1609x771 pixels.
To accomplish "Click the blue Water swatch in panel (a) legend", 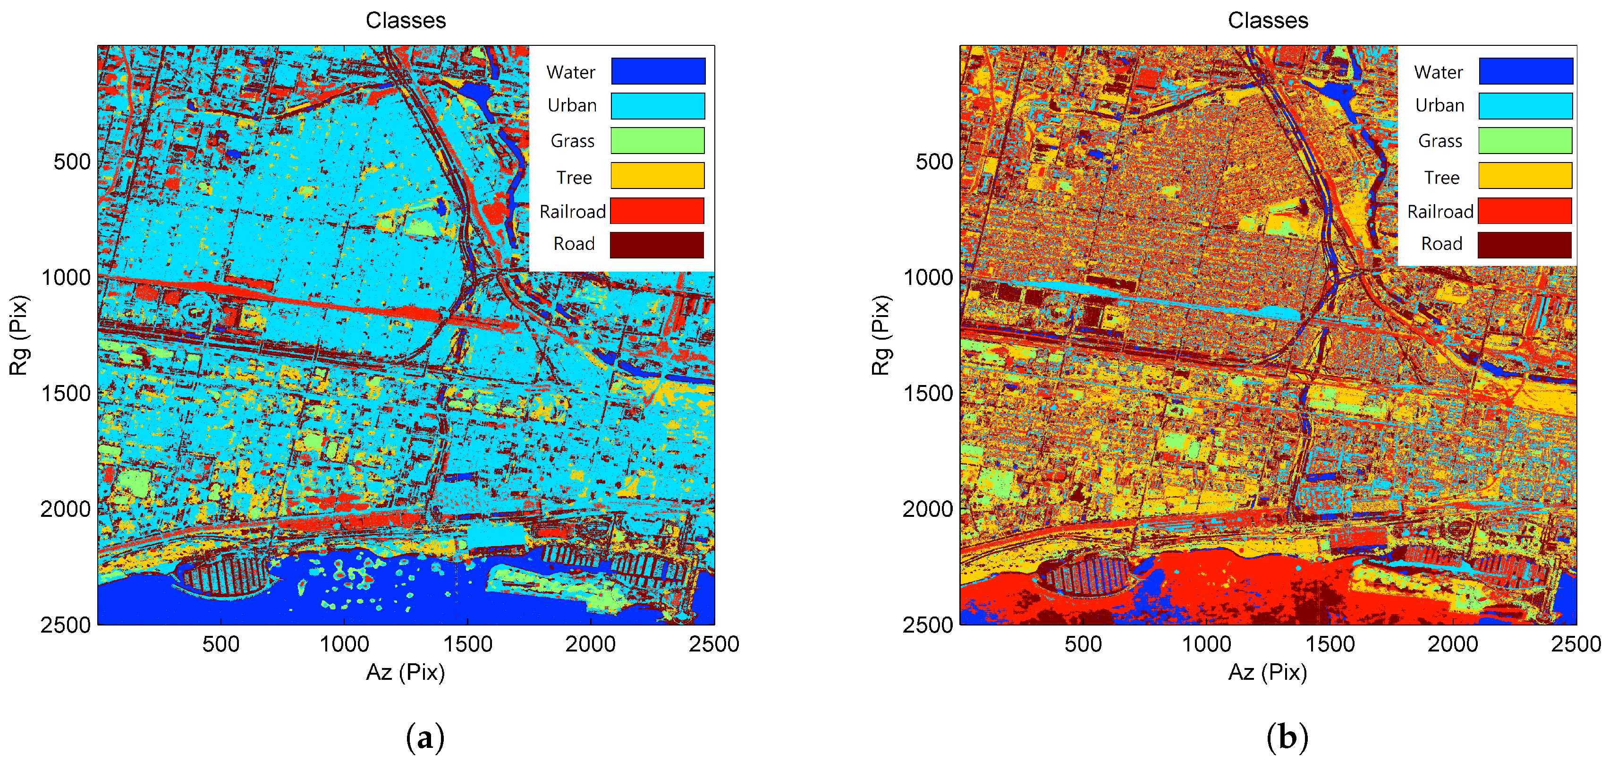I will (x=658, y=70).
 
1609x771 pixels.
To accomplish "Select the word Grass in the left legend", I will (x=572, y=141).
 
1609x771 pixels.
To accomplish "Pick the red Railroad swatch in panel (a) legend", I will (x=657, y=211).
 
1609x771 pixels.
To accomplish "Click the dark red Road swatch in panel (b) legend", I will (x=1524, y=245).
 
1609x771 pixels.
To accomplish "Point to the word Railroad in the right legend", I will (x=1440, y=212).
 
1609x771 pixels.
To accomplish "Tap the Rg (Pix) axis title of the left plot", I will (x=19, y=335).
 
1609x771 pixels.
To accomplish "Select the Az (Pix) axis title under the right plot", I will (x=1267, y=672).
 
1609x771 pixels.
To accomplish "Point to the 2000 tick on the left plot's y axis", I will (x=66, y=509).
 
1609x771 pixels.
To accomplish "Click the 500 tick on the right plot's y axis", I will (x=934, y=162).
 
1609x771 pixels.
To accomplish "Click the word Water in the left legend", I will (x=570, y=72).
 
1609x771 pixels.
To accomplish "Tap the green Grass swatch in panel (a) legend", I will (x=657, y=141).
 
